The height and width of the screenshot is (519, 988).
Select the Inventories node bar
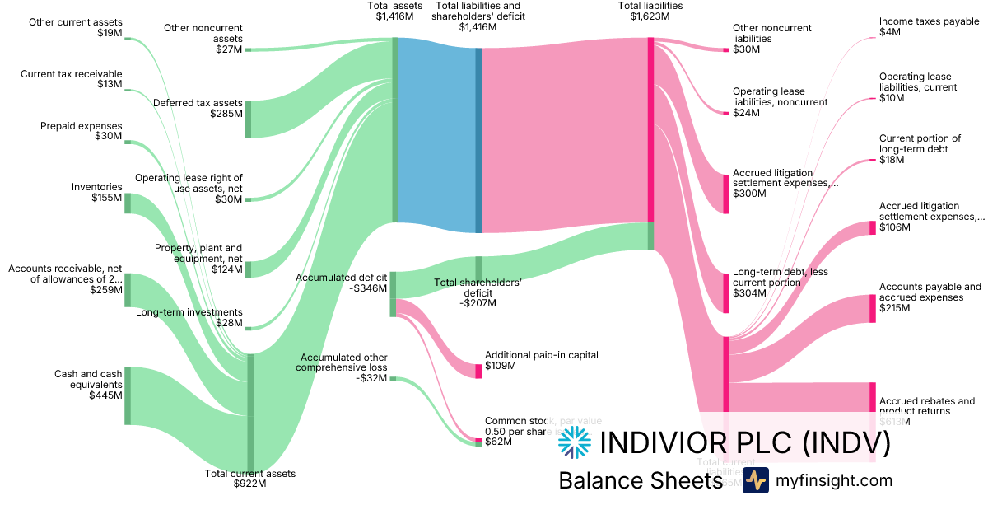tap(128, 203)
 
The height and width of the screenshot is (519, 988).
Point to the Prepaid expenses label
tap(81, 131)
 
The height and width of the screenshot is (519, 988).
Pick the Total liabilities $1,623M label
tap(650, 11)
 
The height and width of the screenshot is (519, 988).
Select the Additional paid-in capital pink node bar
tap(478, 371)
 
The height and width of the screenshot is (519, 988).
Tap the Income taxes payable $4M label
tap(929, 27)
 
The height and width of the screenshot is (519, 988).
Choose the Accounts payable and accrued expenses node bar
tap(873, 308)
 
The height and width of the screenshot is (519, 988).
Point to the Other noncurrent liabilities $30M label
tap(760, 39)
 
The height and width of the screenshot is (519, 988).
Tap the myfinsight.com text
tap(834, 480)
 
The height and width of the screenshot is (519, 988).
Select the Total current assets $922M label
tap(249, 479)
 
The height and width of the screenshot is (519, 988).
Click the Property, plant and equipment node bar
tap(248, 269)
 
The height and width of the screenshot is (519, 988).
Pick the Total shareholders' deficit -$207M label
tap(478, 292)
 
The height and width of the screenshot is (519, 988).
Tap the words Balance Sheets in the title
tap(640, 480)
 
